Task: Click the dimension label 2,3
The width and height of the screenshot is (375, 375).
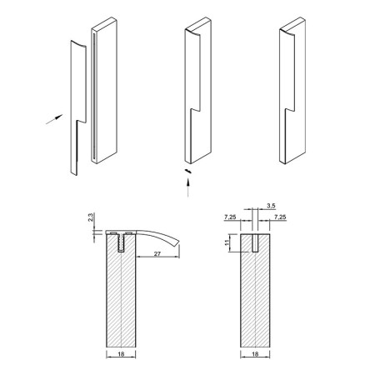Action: tap(91, 217)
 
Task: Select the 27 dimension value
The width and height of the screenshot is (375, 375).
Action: tap(157, 253)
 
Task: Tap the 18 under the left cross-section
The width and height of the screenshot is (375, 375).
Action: tap(121, 353)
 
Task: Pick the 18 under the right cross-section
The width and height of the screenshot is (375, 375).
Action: tap(255, 353)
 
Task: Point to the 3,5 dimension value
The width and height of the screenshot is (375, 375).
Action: tap(271, 206)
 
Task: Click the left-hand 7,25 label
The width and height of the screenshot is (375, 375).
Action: tap(230, 217)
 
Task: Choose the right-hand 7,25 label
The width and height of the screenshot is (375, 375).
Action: tap(280, 217)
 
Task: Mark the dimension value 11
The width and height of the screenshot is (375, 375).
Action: tap(227, 242)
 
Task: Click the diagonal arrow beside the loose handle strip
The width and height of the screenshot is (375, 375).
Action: tap(54, 119)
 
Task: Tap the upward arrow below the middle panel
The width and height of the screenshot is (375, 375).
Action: tap(188, 187)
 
